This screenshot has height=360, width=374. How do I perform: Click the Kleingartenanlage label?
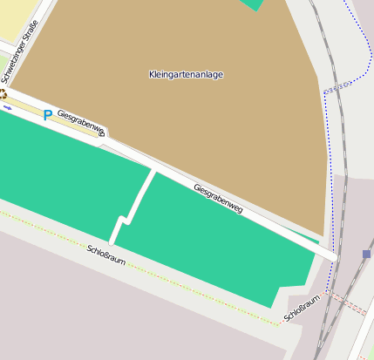tap(186, 75)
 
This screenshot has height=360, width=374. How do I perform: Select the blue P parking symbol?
tap(47, 114)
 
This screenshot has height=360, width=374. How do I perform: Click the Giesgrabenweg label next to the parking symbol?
tap(81, 124)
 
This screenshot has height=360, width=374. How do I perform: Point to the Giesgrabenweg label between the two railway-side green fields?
tap(217, 199)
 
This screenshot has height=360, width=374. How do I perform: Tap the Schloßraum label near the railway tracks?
tap(302, 305)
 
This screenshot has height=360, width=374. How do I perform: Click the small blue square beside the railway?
tap(366, 255)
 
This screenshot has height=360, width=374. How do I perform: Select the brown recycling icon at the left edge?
tap(3, 93)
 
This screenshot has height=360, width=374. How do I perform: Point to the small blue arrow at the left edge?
tap(7, 107)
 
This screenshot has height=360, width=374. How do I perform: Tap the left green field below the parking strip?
tap(61, 170)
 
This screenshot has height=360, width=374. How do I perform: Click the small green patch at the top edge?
tap(254, 4)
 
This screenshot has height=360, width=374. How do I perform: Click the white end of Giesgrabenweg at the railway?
tap(329, 253)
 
